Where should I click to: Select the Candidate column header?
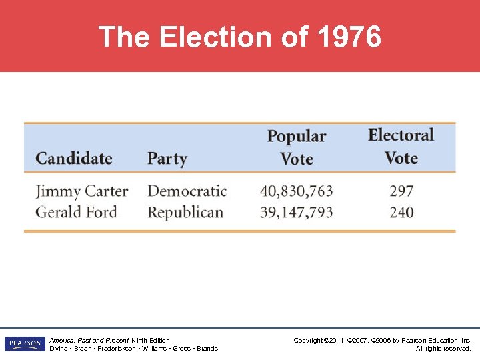coord(73,159)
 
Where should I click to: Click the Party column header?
coord(167,159)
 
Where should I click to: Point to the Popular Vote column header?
coord(297,147)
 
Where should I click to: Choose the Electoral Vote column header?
coord(401,147)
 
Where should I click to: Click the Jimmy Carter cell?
coord(81,191)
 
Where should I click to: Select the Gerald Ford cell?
coord(76,213)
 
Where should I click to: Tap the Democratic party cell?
coord(187,191)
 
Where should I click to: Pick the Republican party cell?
coord(185,213)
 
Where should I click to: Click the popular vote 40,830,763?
coord(297,191)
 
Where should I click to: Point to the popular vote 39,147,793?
coord(297,213)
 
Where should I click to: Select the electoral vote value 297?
coord(401,191)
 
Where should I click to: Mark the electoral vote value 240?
coord(401,213)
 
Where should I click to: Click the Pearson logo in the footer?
coord(24,344)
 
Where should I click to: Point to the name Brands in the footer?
coord(207,349)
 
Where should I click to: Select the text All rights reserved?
coord(443,349)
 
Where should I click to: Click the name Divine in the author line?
coord(58,349)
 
